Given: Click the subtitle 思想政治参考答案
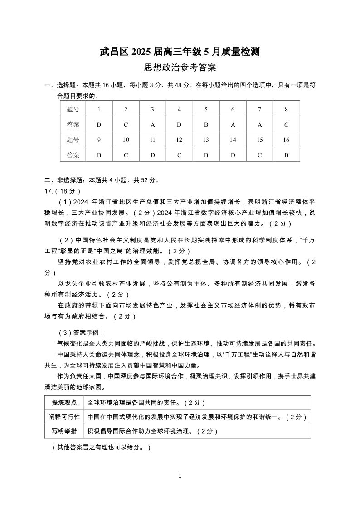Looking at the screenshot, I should tap(180, 68).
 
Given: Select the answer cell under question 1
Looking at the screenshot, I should tap(99, 125).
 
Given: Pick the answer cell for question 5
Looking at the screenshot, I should tap(206, 125).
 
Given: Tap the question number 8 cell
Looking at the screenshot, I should tap(286, 109).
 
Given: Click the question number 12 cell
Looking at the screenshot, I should tap(179, 140).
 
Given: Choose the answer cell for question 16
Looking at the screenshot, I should tap(286, 155).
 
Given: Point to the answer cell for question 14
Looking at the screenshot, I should tap(233, 155).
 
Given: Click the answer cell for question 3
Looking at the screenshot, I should tap(152, 125).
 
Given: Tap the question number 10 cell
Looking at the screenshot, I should tap(126, 140).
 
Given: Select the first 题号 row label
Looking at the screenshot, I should tap(73, 109).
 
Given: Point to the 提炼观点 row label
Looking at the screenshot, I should tap(64, 402).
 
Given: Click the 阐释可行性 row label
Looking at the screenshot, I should tap(64, 417).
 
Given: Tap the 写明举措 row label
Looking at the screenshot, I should tap(64, 431).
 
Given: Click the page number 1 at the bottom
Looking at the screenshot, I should tap(180, 476).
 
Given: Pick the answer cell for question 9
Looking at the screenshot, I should tap(99, 155).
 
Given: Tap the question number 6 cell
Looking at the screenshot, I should tap(233, 109).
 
